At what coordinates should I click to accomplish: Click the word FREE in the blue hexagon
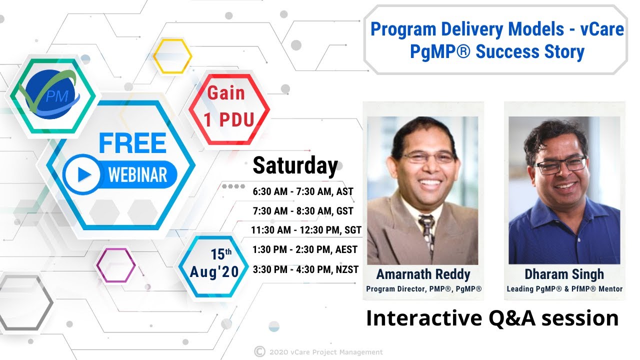point(132,143)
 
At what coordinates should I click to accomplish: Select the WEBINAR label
point(137,175)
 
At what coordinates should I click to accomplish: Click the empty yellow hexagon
point(172,56)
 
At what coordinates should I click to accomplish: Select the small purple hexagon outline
point(115,265)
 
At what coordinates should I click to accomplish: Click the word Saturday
point(295,165)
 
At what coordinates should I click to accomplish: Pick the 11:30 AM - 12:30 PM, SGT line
point(306,230)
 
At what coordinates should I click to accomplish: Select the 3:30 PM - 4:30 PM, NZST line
point(306,269)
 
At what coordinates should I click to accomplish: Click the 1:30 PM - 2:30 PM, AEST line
point(305,249)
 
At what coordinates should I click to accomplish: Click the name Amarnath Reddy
point(423,274)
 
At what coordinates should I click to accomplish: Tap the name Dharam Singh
point(564,274)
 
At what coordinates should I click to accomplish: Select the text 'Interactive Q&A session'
point(492,318)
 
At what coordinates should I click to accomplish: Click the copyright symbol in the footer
point(259,351)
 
